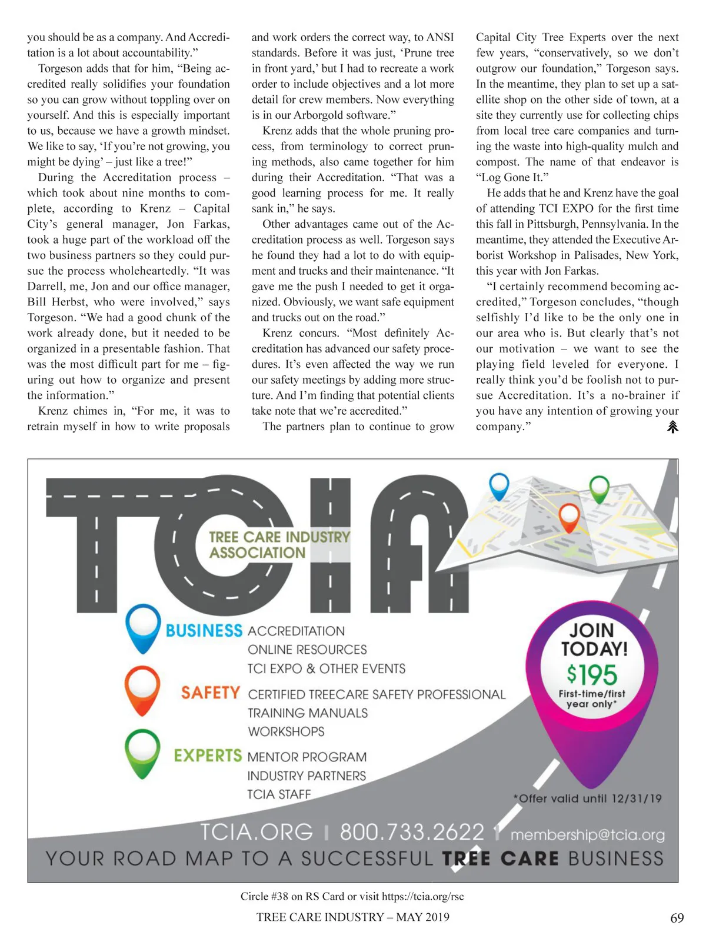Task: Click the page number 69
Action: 677,918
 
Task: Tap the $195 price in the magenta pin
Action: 591,675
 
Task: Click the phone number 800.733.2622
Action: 412,832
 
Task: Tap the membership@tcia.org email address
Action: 587,835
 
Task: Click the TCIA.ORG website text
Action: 257,832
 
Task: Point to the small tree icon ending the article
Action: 672,427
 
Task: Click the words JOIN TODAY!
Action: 594,640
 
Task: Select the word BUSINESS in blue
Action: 204,631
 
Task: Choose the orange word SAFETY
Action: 210,693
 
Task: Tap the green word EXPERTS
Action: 208,756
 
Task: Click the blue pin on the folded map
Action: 499,485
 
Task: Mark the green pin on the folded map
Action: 599,488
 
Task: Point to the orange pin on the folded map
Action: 569,515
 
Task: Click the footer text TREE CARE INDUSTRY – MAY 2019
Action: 352,917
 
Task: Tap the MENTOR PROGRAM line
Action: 307,757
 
